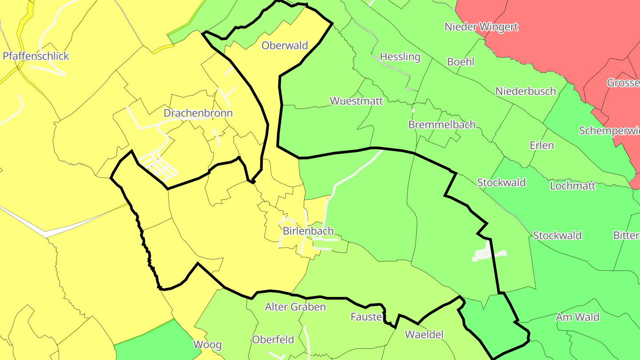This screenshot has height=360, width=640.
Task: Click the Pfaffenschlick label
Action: click(x=36, y=56)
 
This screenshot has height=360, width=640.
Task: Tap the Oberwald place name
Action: click(x=285, y=45)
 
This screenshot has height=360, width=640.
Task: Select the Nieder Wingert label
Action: click(x=481, y=27)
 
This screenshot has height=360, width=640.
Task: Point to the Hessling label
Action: click(x=400, y=56)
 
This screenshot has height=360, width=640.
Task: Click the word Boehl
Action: click(x=460, y=62)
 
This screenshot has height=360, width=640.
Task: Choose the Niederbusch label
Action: click(x=526, y=91)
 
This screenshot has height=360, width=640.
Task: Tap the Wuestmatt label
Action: click(x=356, y=100)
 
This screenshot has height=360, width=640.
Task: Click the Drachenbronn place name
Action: click(x=198, y=113)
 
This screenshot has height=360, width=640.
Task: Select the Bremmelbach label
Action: click(x=442, y=124)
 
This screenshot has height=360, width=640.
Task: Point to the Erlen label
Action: click(x=542, y=145)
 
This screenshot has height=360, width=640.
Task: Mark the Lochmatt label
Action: click(x=573, y=186)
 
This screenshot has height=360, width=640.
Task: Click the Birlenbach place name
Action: click(x=308, y=231)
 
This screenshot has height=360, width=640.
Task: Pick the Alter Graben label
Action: click(x=295, y=307)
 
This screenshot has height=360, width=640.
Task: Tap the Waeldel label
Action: click(x=424, y=335)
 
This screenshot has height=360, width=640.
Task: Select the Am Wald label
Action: click(x=577, y=317)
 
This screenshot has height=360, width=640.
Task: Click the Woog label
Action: click(x=207, y=344)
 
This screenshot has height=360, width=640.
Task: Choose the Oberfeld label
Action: click(x=273, y=340)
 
